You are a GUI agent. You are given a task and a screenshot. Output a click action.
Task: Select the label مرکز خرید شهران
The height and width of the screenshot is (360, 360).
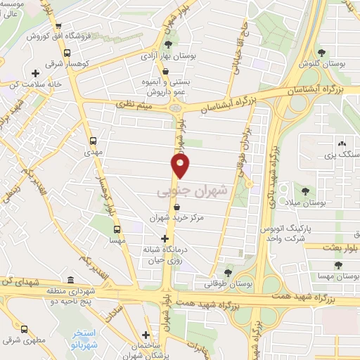click(176, 218)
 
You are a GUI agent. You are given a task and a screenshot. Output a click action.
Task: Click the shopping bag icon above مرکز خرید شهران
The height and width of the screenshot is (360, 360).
click(176, 207)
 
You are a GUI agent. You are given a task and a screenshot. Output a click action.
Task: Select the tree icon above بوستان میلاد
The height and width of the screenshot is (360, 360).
click(305, 190)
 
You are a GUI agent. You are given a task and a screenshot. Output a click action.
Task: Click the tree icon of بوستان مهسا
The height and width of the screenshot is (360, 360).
click(338, 265)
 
